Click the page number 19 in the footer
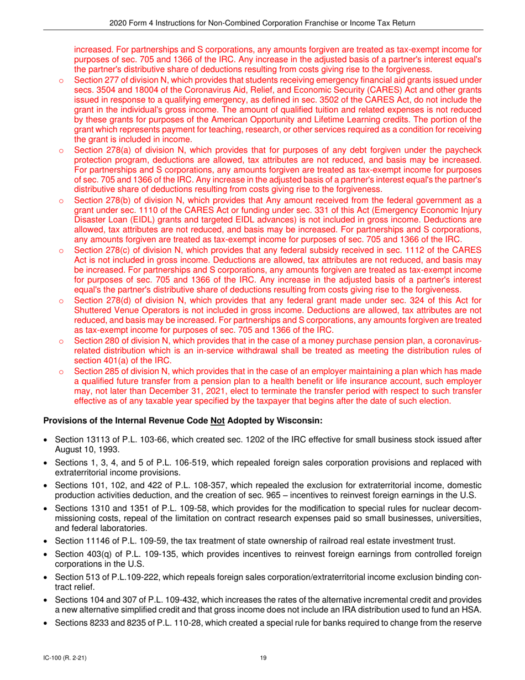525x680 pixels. [x=264, y=657]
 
